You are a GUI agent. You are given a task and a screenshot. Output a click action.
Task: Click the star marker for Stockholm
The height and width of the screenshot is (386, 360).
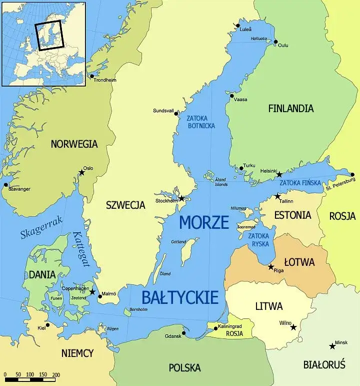pyautogui.click(x=182, y=199)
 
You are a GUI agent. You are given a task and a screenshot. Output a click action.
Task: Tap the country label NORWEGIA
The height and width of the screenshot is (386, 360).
pyautogui.click(x=74, y=144)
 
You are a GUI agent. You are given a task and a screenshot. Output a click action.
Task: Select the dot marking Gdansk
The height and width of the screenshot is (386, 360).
pyautogui.click(x=184, y=332)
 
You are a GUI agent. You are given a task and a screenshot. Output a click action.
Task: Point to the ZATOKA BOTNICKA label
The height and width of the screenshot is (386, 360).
pyautogui.click(x=200, y=122)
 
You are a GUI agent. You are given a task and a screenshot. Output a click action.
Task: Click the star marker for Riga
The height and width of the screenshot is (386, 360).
pyautogui.click(x=270, y=267)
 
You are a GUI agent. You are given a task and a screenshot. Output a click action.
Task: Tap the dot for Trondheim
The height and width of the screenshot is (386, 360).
pyautogui.click(x=91, y=76)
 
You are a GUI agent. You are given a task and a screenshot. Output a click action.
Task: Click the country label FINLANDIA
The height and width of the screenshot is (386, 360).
pyautogui.click(x=290, y=108)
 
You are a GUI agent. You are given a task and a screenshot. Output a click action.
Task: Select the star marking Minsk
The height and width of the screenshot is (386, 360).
pyautogui.click(x=332, y=346)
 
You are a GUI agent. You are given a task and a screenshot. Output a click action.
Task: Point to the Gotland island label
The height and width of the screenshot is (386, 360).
pyautogui.click(x=178, y=242)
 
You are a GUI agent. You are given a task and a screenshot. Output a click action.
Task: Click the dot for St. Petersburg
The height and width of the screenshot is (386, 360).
pyautogui.click(x=352, y=175)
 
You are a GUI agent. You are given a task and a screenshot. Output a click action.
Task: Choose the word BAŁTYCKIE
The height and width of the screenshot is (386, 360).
pyautogui.click(x=180, y=297)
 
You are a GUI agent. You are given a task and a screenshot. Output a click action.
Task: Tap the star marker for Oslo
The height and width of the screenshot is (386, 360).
pyautogui.click(x=81, y=173)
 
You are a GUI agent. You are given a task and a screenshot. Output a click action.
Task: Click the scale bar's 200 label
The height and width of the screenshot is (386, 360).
pyautogui.click(x=55, y=374)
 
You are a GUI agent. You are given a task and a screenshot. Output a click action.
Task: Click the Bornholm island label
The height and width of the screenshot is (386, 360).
pyautogui.click(x=138, y=309)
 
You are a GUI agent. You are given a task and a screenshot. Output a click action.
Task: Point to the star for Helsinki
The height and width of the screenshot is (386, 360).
pyautogui.click(x=279, y=174)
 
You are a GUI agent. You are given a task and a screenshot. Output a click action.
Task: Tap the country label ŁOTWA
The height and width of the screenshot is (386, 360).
pyautogui.click(x=299, y=262)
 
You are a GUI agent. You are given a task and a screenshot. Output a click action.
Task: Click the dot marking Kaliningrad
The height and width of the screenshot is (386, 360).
pyautogui.click(x=215, y=329)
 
